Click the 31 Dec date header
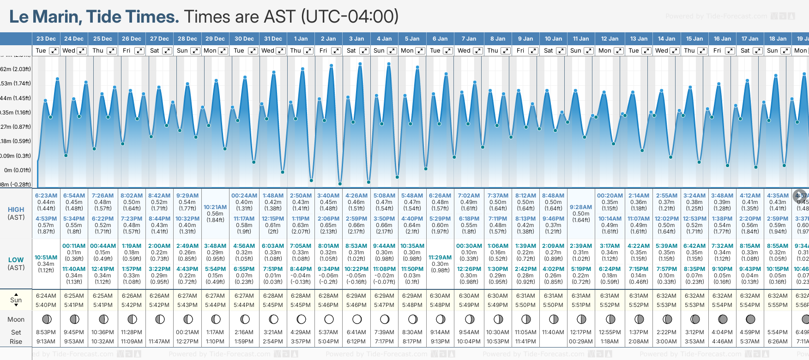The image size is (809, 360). [x=273, y=39]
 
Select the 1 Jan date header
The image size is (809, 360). [x=301, y=39]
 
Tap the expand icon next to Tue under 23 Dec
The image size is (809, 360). [x=54, y=51]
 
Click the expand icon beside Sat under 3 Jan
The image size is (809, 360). [x=364, y=51]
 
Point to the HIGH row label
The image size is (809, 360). [x=16, y=210]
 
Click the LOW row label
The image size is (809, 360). [x=16, y=260]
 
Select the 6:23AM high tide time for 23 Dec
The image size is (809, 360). [x=46, y=196]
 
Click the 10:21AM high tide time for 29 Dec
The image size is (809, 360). [x=215, y=207]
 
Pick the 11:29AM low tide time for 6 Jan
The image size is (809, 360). [x=440, y=258]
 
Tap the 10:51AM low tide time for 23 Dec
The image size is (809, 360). [x=46, y=258]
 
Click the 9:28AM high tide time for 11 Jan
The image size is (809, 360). [x=581, y=207]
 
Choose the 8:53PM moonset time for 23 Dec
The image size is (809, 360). [x=46, y=332]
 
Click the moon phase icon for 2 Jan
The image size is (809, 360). [x=329, y=319]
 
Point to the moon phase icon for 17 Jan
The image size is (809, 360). [x=750, y=319]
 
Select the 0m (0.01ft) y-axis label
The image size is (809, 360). [x=18, y=170]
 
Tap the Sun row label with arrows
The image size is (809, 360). [x=16, y=300]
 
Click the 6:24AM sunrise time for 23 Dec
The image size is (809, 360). [x=46, y=296]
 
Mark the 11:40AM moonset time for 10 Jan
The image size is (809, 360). [x=553, y=332]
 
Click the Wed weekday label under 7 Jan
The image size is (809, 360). [x=464, y=51]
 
